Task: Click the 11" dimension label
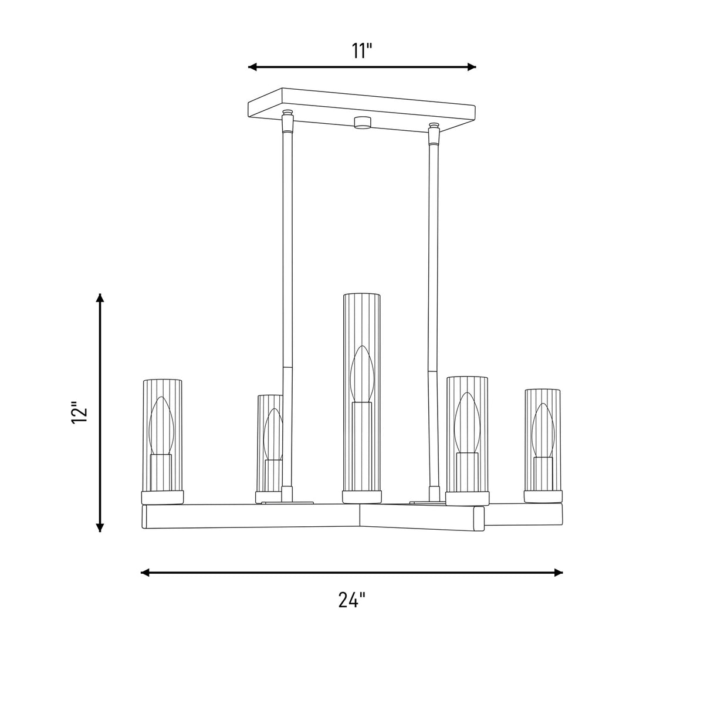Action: [362, 51]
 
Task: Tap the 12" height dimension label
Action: [79, 413]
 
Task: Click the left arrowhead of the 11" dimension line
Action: [252, 67]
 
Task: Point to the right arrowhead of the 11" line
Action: [472, 67]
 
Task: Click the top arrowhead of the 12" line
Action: [100, 298]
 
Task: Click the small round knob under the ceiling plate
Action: [362, 123]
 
